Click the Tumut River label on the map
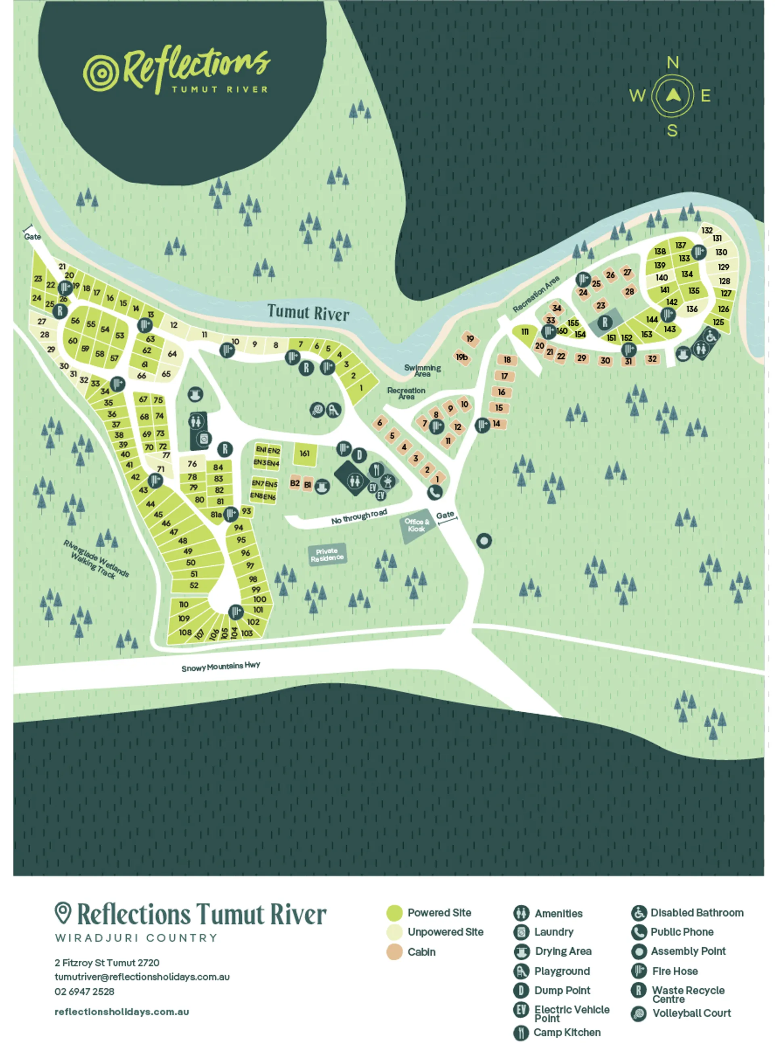pyautogui.click(x=308, y=312)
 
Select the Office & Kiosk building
pyautogui.click(x=416, y=525)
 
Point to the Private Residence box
pyautogui.click(x=327, y=554)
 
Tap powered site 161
pyautogui.click(x=305, y=454)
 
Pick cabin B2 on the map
pyautogui.click(x=295, y=483)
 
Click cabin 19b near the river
pyautogui.click(x=462, y=358)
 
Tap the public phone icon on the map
pyautogui.click(x=435, y=492)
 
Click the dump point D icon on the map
pyautogui.click(x=359, y=455)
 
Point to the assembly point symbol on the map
pyautogui.click(x=484, y=541)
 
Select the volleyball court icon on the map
pyautogui.click(x=318, y=410)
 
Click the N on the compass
pyautogui.click(x=673, y=63)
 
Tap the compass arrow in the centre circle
pyautogui.click(x=673, y=96)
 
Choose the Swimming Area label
pyautogui.click(x=422, y=370)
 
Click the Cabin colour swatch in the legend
pyautogui.click(x=394, y=952)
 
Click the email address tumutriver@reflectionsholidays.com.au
pyautogui.click(x=142, y=977)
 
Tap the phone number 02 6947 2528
pyautogui.click(x=84, y=991)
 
